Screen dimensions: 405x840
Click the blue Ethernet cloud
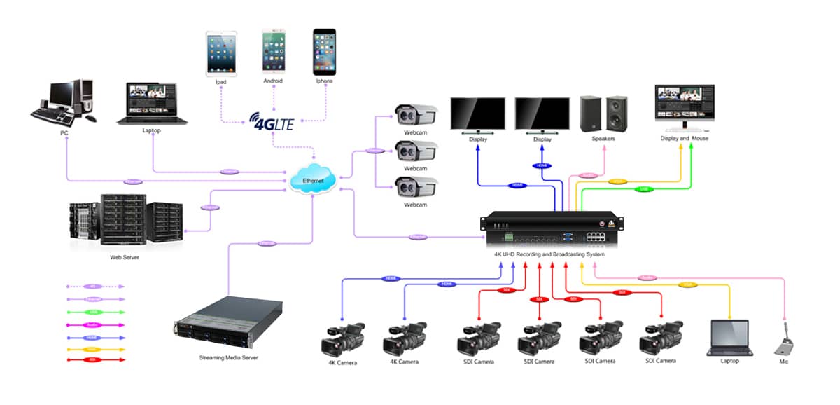tap(313, 180)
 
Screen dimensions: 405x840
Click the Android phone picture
tap(273, 51)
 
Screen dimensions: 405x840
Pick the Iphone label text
tap(323, 81)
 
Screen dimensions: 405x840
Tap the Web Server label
tap(125, 257)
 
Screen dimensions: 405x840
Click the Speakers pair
tap(603, 114)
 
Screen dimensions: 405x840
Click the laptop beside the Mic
tap(729, 338)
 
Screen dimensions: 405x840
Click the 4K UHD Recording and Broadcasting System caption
tap(549, 254)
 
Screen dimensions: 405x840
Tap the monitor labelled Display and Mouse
tap(684, 107)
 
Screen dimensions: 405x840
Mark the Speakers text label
tap(603, 139)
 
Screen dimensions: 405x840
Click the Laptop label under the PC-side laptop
tap(152, 130)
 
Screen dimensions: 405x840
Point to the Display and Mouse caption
tap(684, 139)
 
